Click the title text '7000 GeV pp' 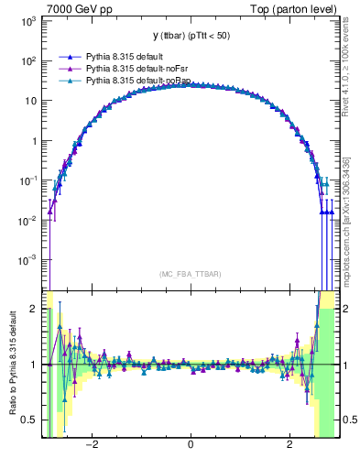pyautogui.click(x=75, y=8)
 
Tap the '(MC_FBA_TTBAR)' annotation pyautogui.click(x=190, y=274)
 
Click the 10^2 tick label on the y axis pyautogui.click(x=27, y=60)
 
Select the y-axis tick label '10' pyautogui.click(x=30, y=101)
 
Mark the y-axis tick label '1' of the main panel pyautogui.click(x=35, y=141)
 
